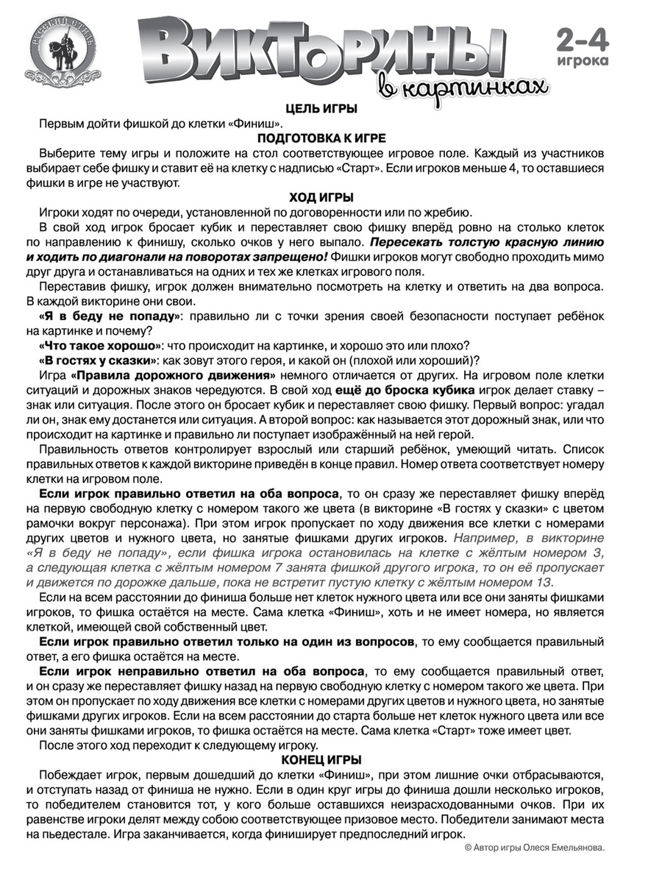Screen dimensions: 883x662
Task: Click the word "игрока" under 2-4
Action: pos(583,61)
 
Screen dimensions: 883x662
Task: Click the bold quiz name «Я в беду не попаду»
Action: pos(110,316)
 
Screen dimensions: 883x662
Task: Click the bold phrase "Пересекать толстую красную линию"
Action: pos(486,242)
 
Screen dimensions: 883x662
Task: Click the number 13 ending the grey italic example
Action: pos(545,582)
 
